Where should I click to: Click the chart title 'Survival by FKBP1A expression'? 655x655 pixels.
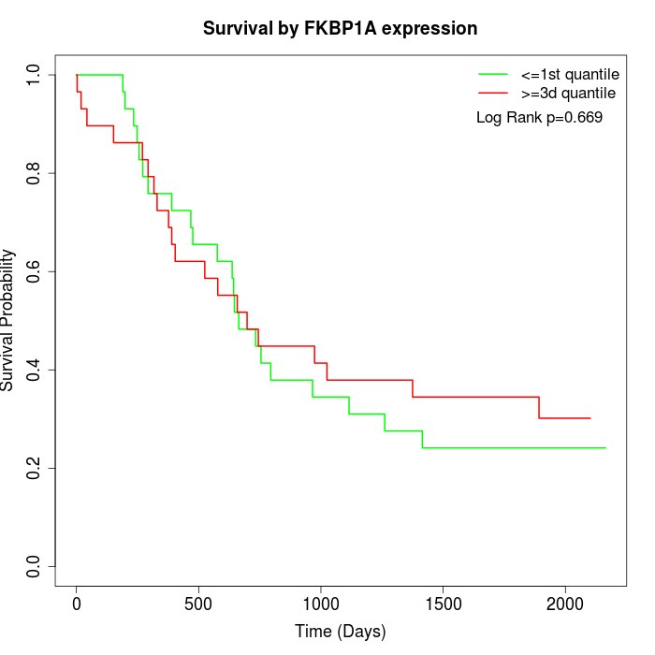coord(341,29)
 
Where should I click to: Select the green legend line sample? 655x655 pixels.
coord(493,73)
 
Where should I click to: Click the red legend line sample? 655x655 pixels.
coord(493,94)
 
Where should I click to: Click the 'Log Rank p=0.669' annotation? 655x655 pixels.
coord(539,118)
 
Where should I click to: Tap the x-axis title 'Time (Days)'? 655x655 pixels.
coord(341,632)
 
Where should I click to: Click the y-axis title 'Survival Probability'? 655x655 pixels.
coord(9,320)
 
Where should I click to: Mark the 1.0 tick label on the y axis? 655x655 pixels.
coord(34,75)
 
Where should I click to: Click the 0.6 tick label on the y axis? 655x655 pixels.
coord(34,271)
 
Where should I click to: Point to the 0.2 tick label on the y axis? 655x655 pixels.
coord(34,468)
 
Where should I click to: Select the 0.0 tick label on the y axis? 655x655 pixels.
coord(34,566)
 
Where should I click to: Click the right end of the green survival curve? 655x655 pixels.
coord(605,447)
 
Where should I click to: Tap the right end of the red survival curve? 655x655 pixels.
coord(590,418)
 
